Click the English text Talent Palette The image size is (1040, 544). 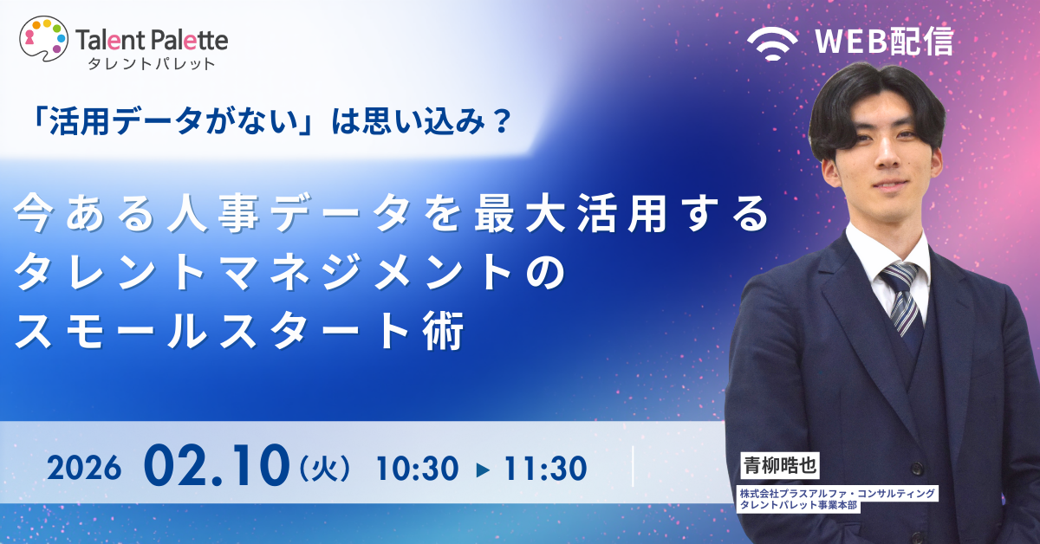tap(153, 39)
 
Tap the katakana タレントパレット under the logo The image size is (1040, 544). tap(146, 63)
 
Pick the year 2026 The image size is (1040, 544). tap(82, 470)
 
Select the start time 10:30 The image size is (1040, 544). tap(416, 470)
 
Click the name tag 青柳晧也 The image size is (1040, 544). tap(775, 464)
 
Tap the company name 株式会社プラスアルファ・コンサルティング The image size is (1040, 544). tap(837, 493)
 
